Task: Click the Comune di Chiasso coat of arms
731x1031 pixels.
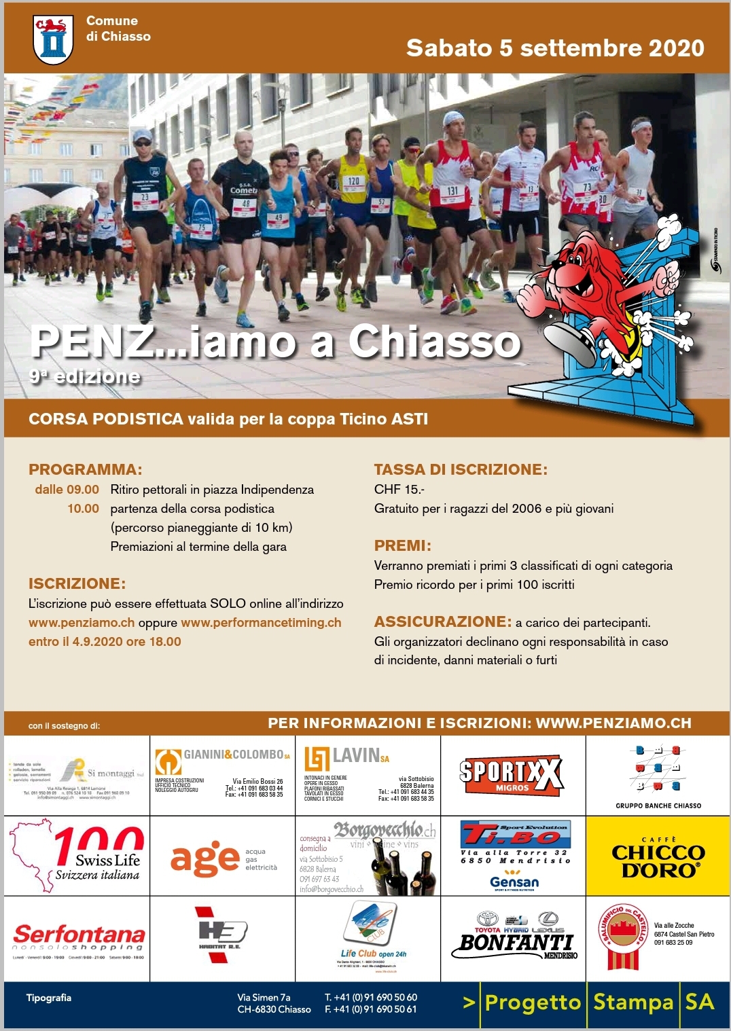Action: point(53,39)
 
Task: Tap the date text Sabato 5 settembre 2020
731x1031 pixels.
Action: point(554,48)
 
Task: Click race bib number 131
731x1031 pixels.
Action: point(452,192)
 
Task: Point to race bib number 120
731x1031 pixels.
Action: point(354,181)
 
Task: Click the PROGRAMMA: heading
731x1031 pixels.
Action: point(86,469)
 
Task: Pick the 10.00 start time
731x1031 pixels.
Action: point(83,509)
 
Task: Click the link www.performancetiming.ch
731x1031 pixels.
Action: point(261,623)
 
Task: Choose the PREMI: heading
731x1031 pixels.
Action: point(403,546)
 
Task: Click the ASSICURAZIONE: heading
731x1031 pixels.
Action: point(443,621)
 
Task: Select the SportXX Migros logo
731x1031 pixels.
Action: point(512,775)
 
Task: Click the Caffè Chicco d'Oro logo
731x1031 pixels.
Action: point(658,856)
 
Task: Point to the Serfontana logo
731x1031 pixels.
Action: point(78,938)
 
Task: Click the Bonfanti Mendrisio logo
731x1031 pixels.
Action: point(515,937)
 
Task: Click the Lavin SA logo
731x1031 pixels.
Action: point(347,757)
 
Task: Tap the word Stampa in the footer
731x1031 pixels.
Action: point(633,1002)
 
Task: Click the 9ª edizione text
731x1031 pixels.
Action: point(85,376)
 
